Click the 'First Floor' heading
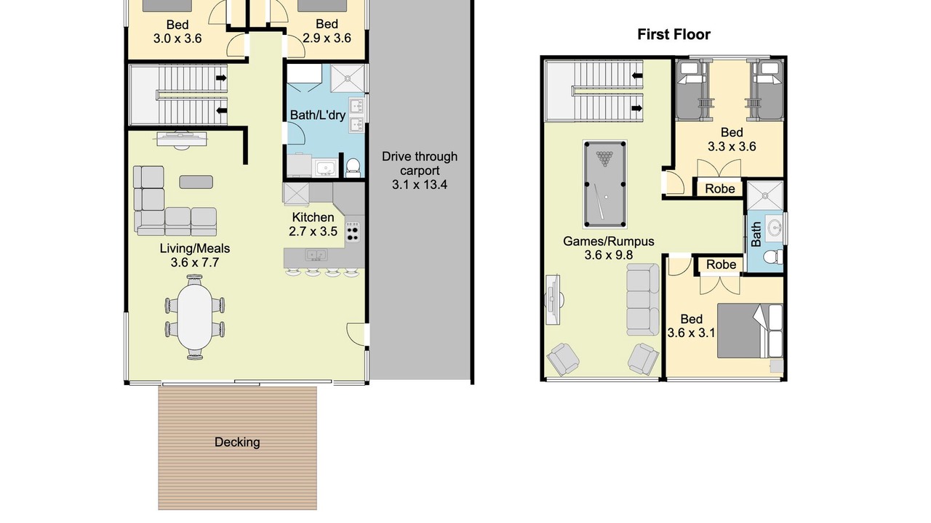[674, 34]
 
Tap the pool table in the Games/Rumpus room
[604, 185]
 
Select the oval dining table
[194, 317]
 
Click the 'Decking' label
[237, 442]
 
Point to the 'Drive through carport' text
[420, 163]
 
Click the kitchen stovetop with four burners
[353, 232]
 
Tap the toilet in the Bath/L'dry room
[353, 167]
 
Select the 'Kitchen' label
[313, 217]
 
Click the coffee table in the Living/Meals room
[196, 182]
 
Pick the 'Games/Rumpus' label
[609, 242]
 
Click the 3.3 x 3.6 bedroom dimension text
[732, 147]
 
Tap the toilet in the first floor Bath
[773, 256]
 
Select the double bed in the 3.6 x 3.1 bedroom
[750, 331]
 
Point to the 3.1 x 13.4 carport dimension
[420, 185]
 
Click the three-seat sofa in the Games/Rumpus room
[642, 300]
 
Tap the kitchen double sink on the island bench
[316, 254]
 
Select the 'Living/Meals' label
[195, 248]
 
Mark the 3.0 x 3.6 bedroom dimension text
[177, 39]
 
